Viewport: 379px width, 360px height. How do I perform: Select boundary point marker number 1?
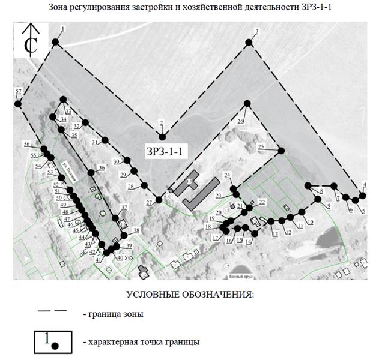tap(55, 42)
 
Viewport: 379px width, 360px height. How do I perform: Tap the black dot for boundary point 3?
tap(249, 42)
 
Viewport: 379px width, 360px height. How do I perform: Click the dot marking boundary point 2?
tap(162, 137)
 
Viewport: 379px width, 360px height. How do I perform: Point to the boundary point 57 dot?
tap(17, 104)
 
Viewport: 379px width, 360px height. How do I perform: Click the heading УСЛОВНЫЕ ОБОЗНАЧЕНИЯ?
tap(190, 295)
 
